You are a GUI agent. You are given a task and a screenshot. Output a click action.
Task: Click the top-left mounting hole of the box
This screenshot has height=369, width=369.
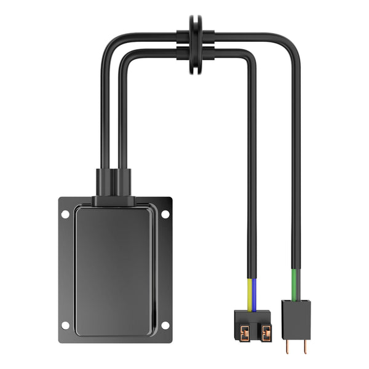[x=65, y=214]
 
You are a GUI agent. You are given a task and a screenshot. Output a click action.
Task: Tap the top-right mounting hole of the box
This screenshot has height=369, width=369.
[x=165, y=214]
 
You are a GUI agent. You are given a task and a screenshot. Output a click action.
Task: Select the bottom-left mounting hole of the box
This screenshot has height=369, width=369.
[x=65, y=325]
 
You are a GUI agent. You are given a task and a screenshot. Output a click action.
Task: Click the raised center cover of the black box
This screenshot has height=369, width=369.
[x=114, y=271]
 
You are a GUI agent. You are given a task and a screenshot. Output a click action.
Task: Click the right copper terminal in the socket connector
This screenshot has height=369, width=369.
[x=266, y=331]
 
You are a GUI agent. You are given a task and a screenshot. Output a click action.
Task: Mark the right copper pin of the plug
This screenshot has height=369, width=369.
[x=304, y=346]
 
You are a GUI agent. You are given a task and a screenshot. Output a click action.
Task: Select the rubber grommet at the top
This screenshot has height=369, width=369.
[x=196, y=44]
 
